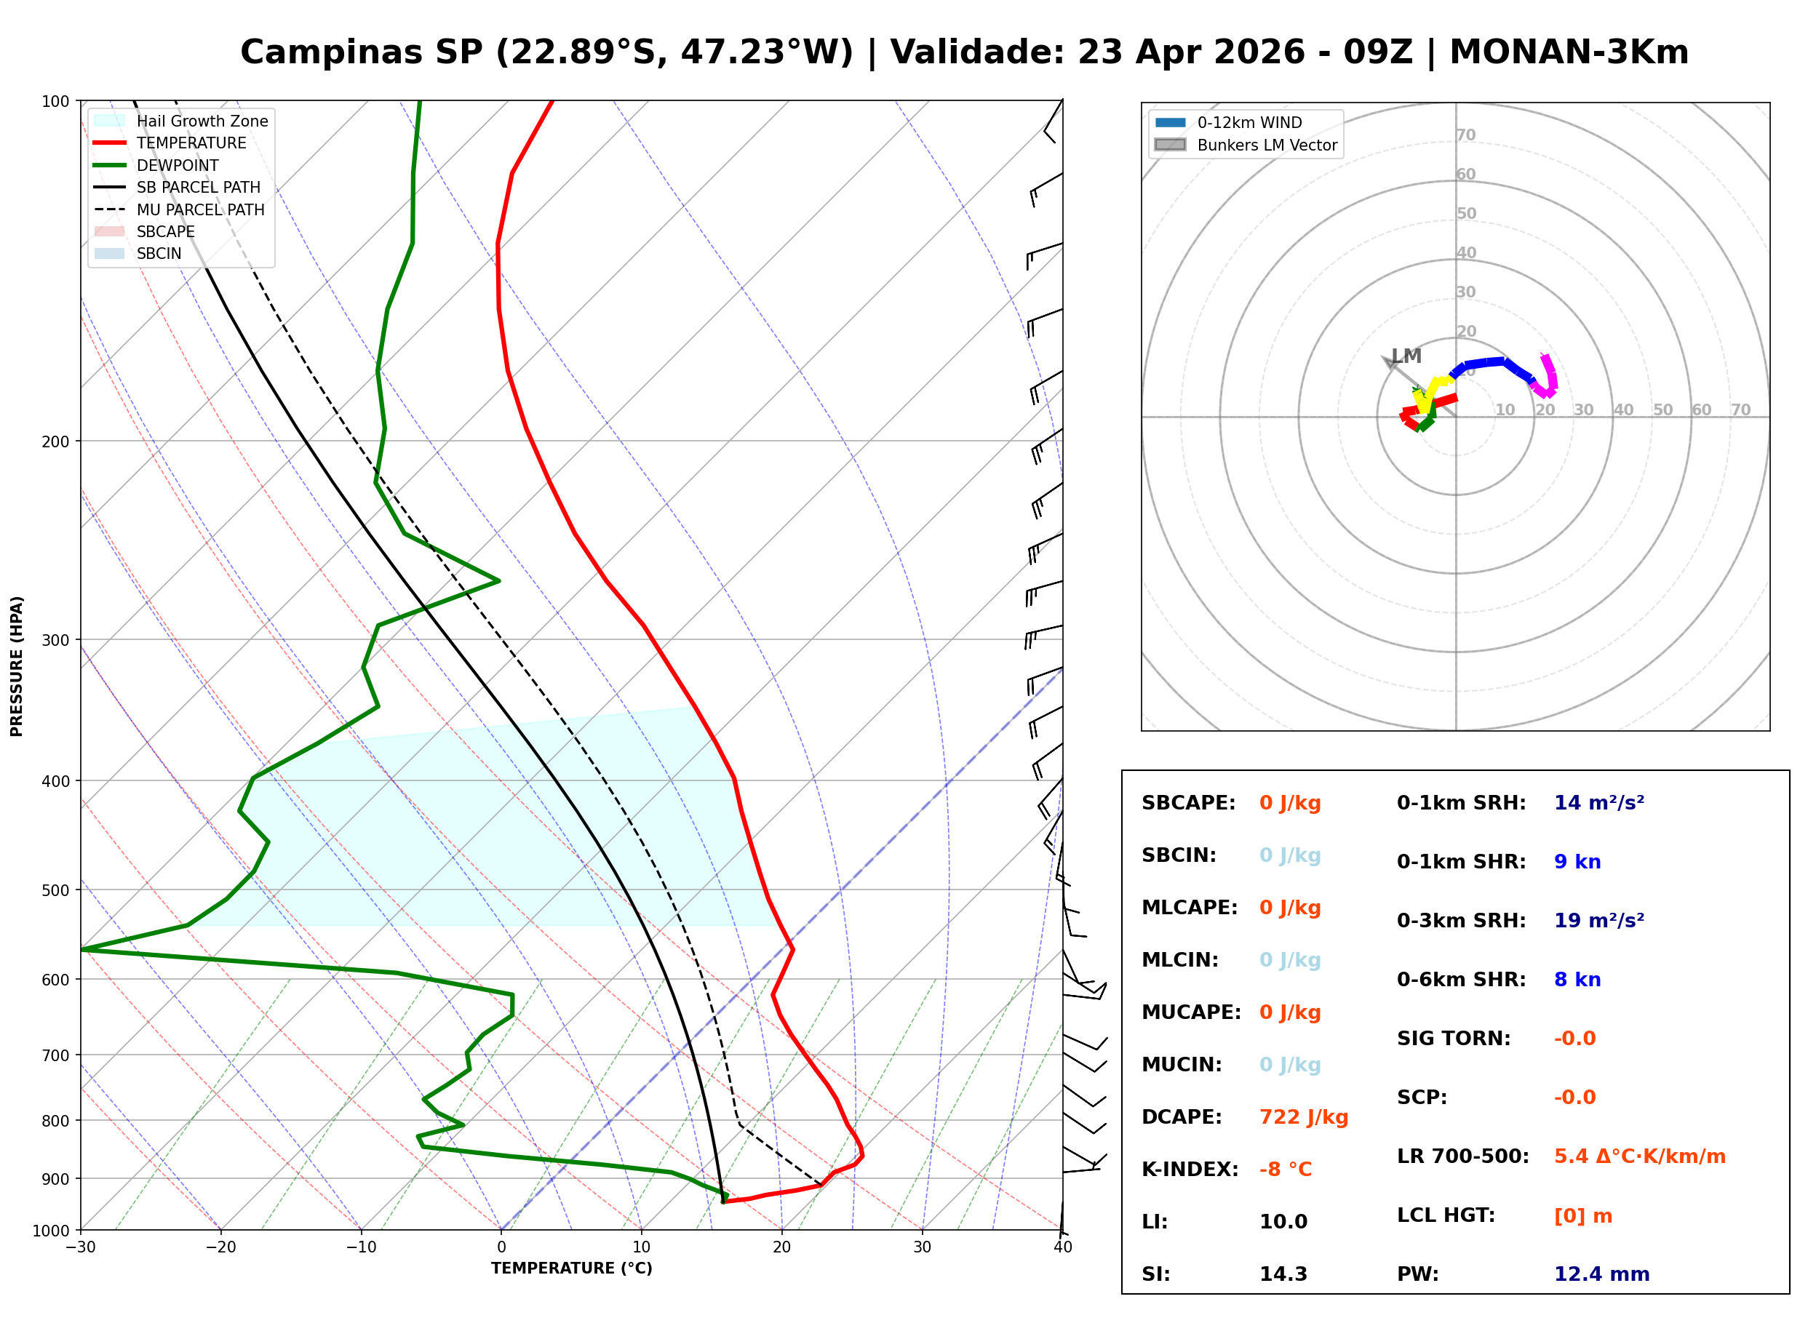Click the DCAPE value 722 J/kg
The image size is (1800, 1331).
click(1303, 1116)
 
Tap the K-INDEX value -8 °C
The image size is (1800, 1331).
click(1285, 1169)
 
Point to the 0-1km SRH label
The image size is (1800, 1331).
click(1461, 802)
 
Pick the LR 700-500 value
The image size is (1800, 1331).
click(1639, 1156)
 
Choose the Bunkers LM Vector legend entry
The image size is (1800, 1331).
click(1267, 145)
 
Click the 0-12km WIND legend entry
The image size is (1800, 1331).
click(1249, 122)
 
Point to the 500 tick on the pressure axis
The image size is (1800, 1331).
click(55, 890)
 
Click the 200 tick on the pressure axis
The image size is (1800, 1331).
click(55, 441)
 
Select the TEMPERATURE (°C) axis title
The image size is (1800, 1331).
click(571, 1268)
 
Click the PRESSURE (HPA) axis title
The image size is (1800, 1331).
click(16, 665)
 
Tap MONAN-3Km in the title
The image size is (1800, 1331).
click(1568, 52)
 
